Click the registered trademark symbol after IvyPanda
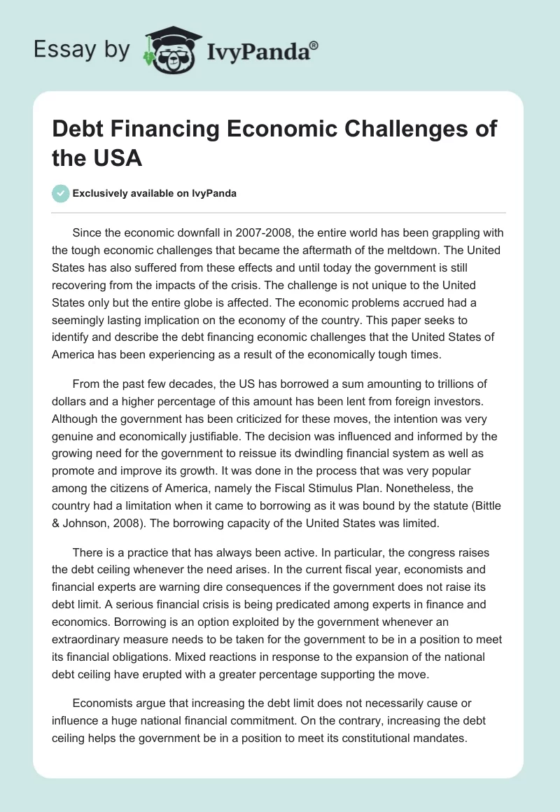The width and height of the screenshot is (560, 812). pos(314,45)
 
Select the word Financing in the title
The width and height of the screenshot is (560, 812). pos(165,129)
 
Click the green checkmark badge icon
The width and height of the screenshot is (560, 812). pos(61,193)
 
